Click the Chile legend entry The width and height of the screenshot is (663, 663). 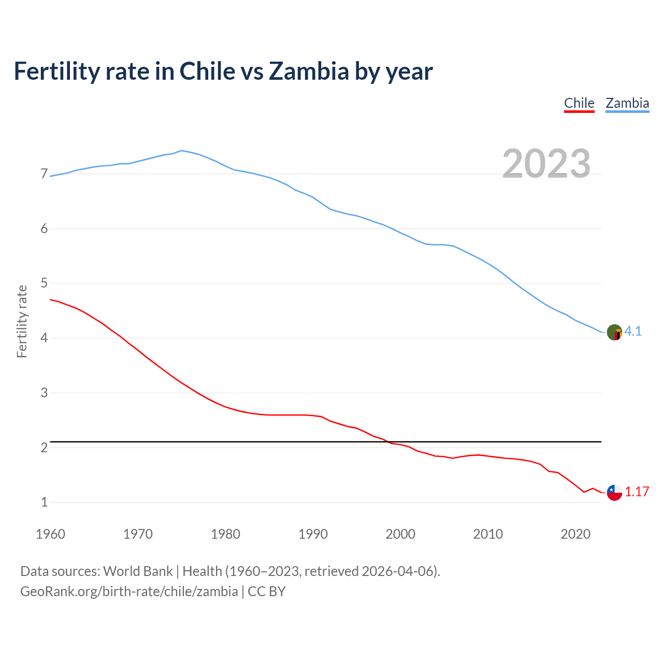click(579, 103)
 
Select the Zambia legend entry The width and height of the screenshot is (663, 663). click(627, 103)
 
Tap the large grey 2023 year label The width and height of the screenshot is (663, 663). click(546, 164)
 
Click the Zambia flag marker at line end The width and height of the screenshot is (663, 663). click(614, 332)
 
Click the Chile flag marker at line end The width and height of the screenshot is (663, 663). click(614, 493)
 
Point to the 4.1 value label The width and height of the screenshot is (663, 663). click(633, 331)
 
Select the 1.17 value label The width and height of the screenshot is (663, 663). click(637, 492)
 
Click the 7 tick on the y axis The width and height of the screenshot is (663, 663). click(44, 174)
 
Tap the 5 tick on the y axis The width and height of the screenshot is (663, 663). click(44, 283)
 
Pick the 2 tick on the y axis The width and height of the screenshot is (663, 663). click(44, 448)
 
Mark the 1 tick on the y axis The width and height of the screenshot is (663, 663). click(44, 502)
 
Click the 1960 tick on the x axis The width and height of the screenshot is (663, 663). click(50, 534)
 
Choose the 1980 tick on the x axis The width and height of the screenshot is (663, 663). click(225, 534)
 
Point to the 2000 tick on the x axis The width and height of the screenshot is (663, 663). click(400, 534)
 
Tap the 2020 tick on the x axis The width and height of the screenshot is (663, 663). click(575, 534)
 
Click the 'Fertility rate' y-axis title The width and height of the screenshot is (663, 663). click(22, 321)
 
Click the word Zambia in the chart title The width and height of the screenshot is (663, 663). click(309, 71)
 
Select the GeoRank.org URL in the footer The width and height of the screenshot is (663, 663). click(129, 592)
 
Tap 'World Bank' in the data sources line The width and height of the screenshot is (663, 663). click(138, 571)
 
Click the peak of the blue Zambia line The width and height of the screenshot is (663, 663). click(181, 150)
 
